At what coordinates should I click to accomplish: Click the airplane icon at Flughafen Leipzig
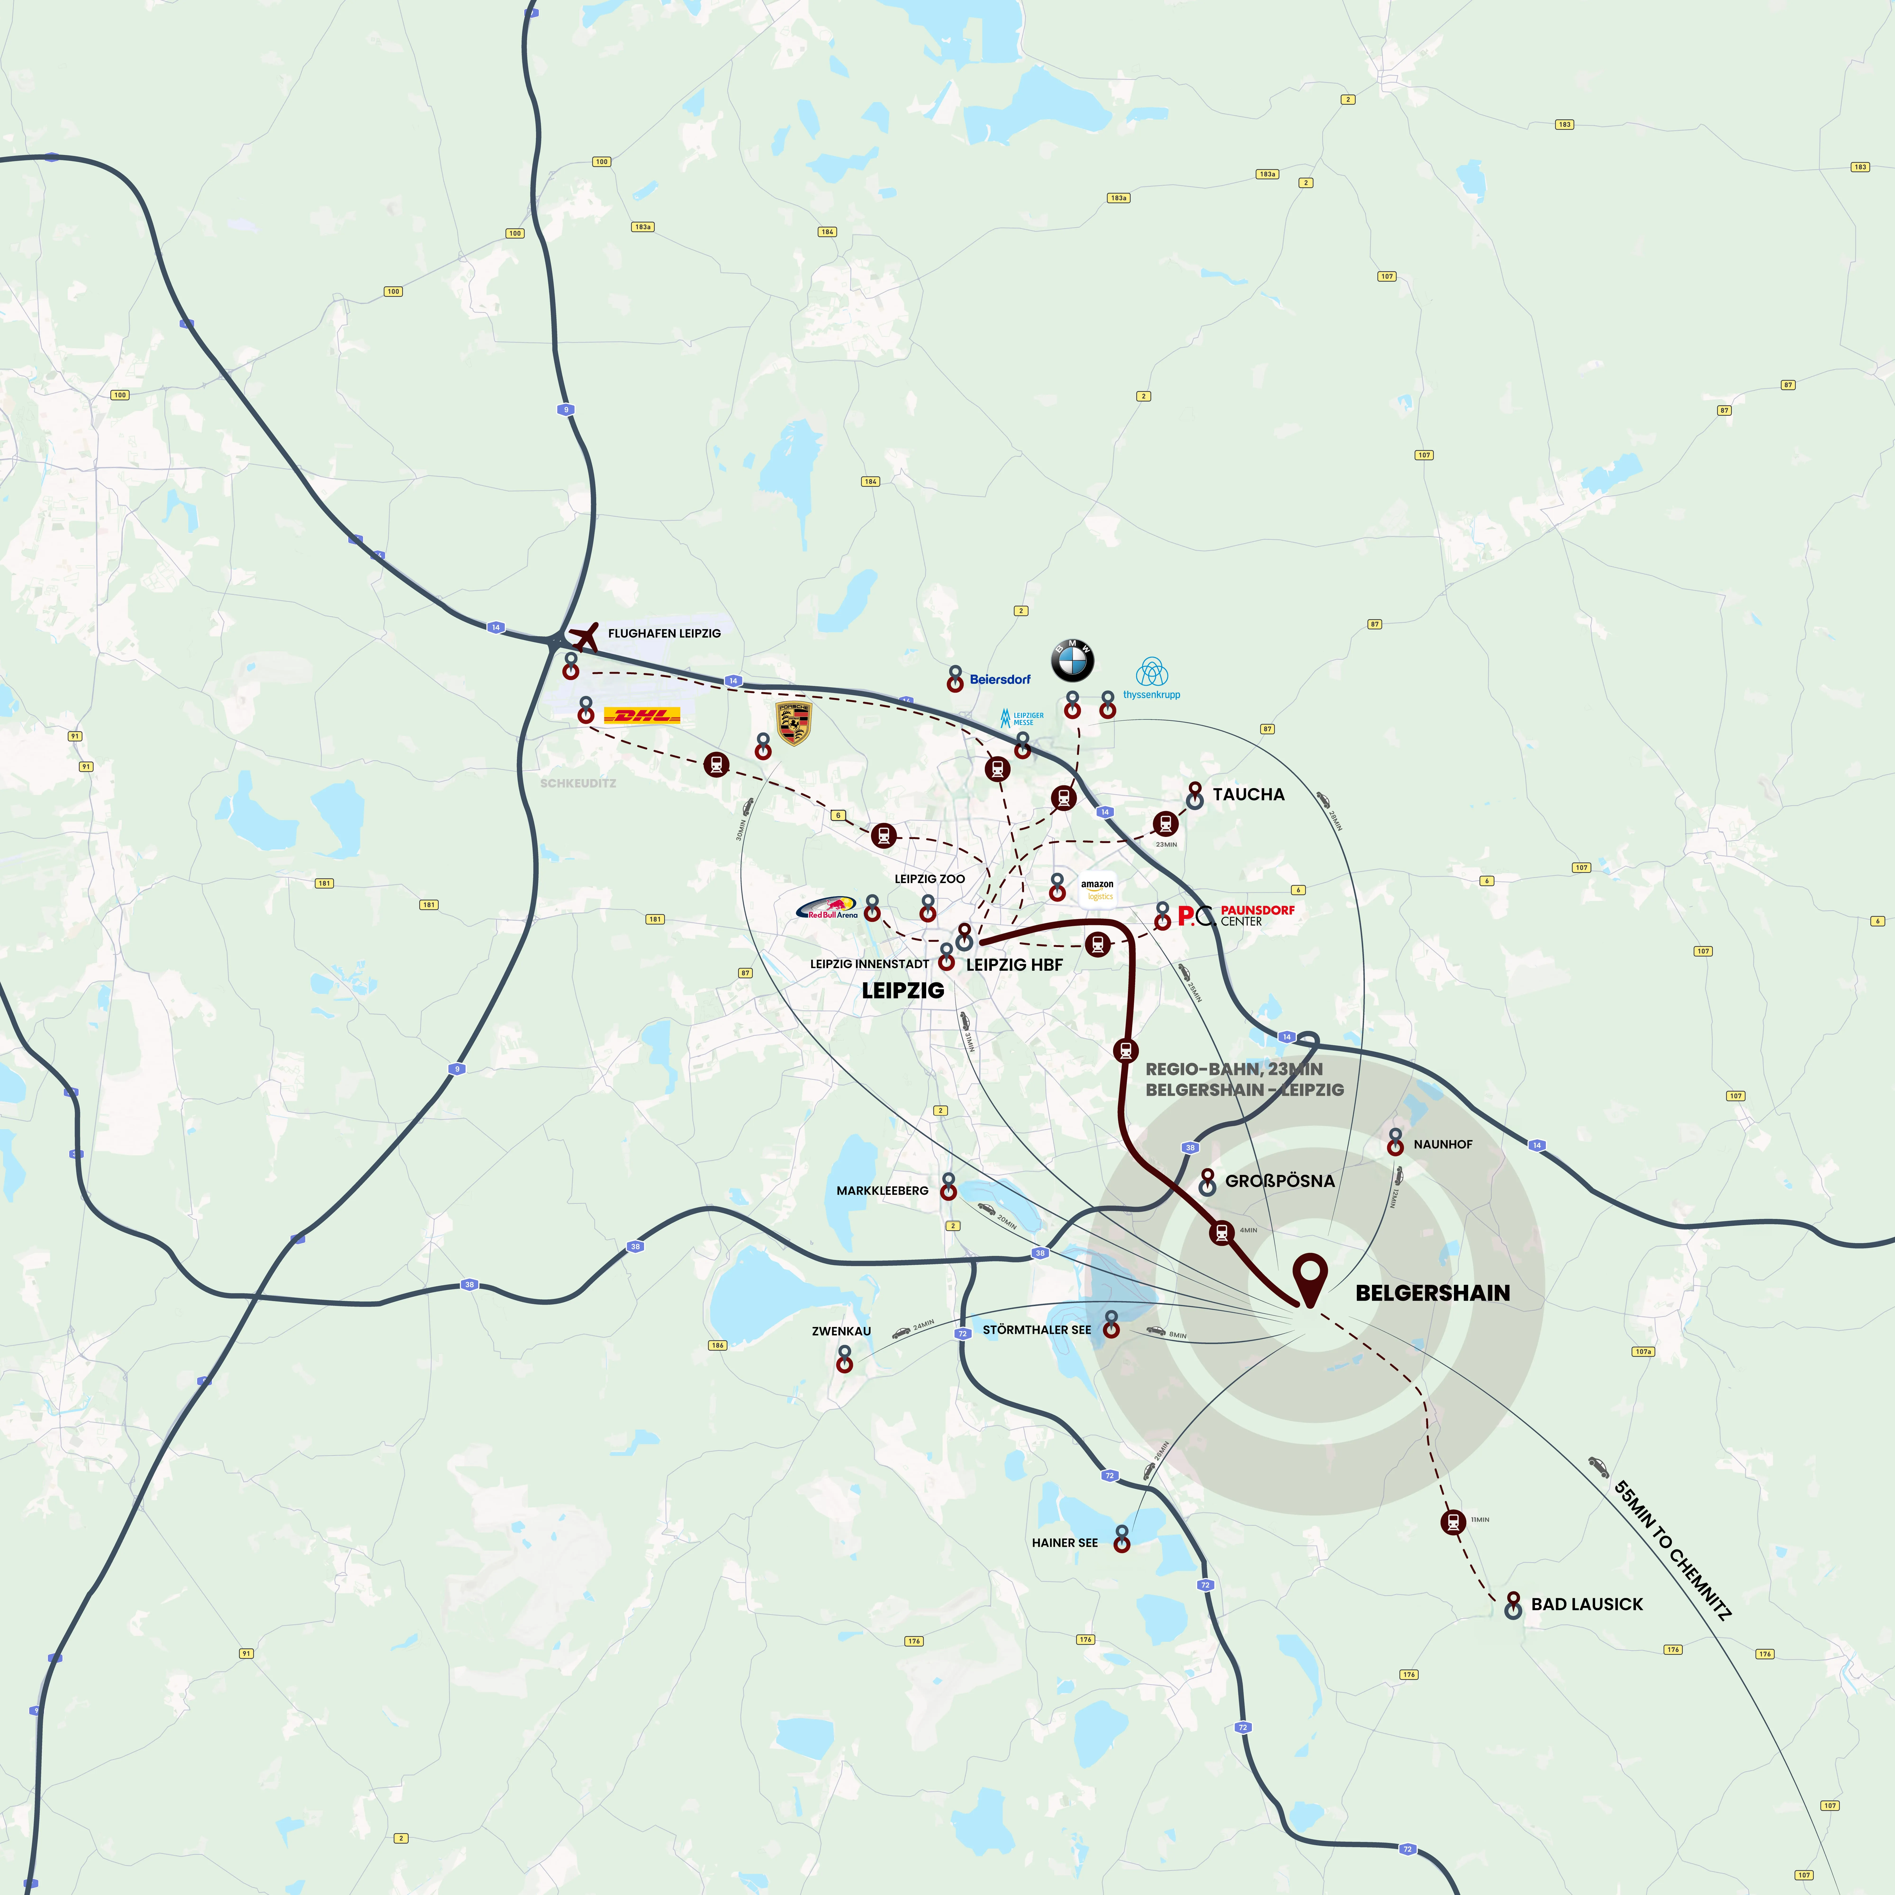(586, 636)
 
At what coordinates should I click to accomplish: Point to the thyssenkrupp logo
(1151, 679)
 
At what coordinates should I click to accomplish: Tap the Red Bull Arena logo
(827, 909)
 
